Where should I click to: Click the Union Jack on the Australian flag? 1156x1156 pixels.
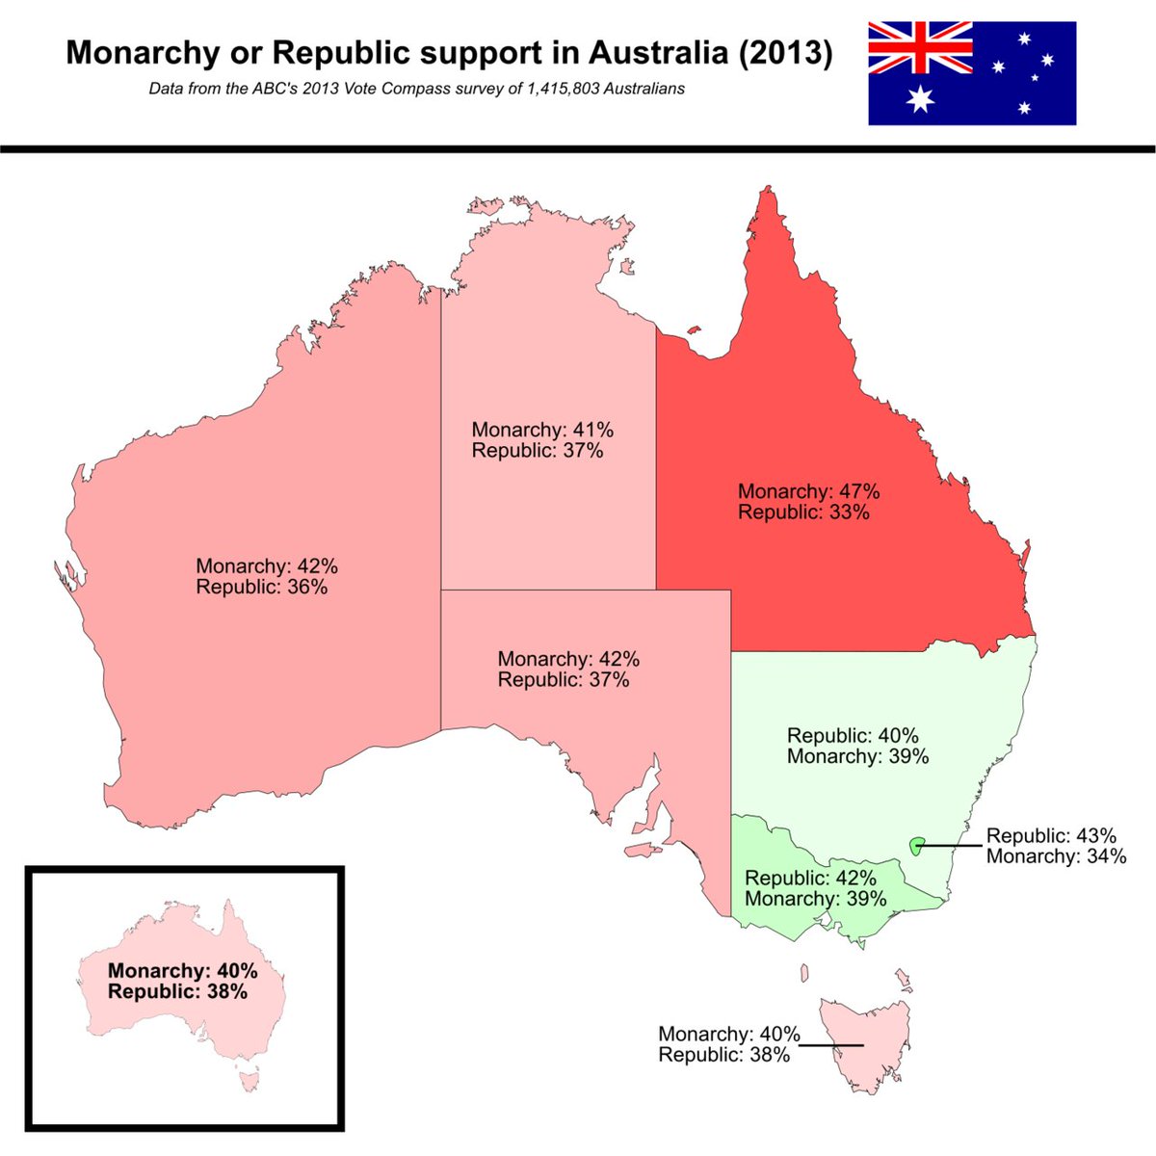(920, 47)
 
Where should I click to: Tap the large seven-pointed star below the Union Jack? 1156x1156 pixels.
(921, 98)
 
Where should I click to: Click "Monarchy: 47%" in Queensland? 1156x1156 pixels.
(808, 491)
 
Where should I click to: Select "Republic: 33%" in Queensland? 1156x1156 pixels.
(803, 512)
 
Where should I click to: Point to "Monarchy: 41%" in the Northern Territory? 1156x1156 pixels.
(542, 430)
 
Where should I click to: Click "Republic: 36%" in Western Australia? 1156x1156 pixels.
(261, 587)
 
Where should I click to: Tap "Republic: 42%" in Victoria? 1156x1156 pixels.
(810, 879)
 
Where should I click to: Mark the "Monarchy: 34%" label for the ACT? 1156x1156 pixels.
(1056, 855)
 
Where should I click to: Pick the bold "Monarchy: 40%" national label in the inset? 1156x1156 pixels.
(182, 971)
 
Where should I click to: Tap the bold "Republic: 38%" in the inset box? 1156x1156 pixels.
(177, 991)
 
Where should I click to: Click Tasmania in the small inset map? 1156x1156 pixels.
(250, 1084)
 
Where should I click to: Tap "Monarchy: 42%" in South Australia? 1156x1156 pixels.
(568, 660)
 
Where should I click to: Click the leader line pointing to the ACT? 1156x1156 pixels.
(951, 847)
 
